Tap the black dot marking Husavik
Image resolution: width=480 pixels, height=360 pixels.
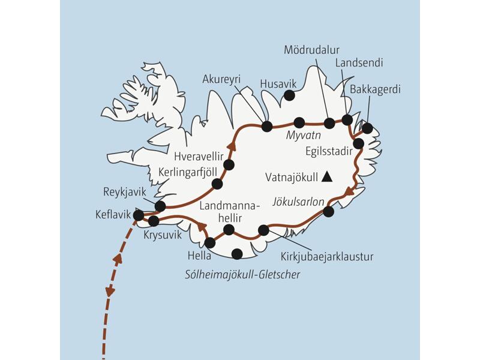click(289, 95)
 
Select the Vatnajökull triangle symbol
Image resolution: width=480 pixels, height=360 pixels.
click(326, 176)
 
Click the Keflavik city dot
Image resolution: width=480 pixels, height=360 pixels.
click(139, 215)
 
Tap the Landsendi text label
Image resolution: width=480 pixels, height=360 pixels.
click(359, 62)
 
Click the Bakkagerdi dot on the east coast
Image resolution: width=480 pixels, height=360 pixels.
click(367, 128)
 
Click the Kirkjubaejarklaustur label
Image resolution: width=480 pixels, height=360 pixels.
click(327, 257)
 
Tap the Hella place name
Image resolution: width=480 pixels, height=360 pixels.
click(199, 256)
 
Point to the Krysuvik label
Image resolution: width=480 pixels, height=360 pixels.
click(163, 235)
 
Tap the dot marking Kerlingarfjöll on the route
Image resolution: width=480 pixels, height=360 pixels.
click(217, 184)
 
